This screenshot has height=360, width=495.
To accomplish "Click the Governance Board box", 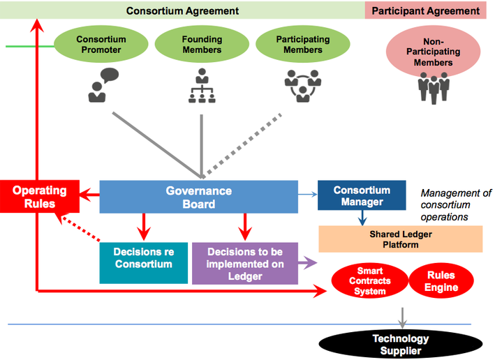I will tap(198, 197).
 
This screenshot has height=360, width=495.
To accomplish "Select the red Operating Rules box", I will tap(39, 197).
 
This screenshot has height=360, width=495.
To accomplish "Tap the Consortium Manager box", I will tap(362, 196).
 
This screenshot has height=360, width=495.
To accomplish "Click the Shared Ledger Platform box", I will tap(400, 239).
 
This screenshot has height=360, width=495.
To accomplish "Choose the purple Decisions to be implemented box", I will tap(244, 263).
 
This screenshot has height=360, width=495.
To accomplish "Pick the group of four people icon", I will tap(433, 87).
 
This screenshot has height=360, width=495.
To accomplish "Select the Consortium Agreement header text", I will tap(182, 10).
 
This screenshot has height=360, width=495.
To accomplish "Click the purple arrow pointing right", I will tap(307, 263).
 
